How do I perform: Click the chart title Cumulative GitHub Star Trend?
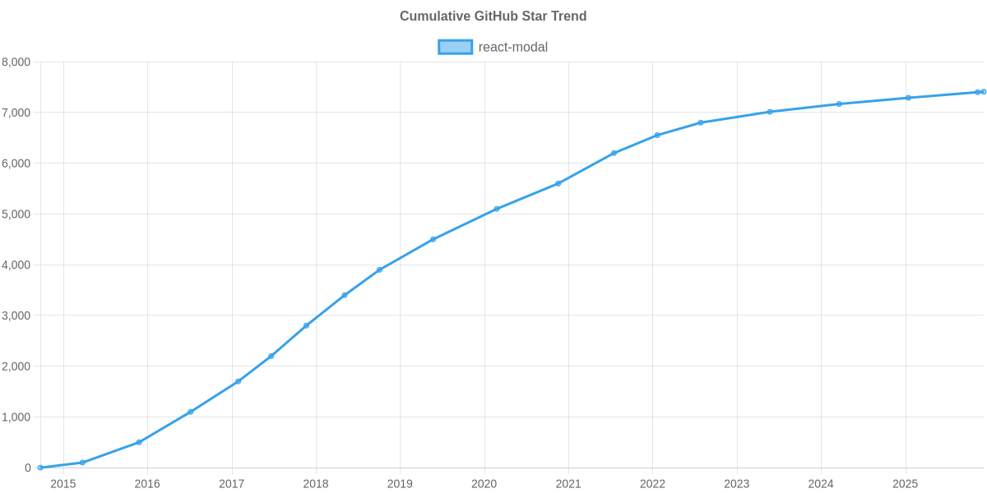(x=493, y=16)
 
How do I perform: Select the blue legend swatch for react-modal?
(x=455, y=47)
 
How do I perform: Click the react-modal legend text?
(x=512, y=47)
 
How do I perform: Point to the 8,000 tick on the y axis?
(x=16, y=62)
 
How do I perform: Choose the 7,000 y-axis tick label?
(x=16, y=113)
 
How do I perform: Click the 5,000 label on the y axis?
(x=16, y=214)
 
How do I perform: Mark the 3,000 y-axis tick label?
(x=16, y=316)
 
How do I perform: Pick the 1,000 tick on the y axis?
(x=16, y=417)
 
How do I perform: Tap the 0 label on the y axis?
(x=28, y=468)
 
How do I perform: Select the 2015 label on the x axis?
(x=63, y=484)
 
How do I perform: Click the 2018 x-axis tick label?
(x=316, y=484)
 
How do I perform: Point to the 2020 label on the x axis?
(x=484, y=484)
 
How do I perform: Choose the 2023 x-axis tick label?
(x=737, y=484)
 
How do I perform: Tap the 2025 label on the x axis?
(x=906, y=484)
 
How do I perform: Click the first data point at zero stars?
(x=40, y=468)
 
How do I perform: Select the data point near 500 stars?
(x=139, y=442)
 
